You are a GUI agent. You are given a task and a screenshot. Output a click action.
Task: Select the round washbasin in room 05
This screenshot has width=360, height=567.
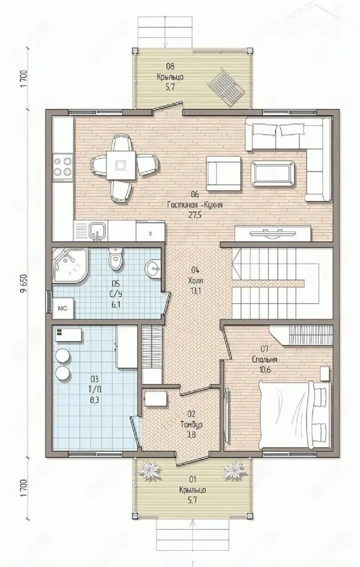[153, 268]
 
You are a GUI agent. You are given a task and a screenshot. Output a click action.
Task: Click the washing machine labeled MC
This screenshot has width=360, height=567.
[63, 308]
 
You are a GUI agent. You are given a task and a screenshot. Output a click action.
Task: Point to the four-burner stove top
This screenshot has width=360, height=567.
[63, 167]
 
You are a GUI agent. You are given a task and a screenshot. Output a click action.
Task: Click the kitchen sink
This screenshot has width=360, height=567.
[97, 231]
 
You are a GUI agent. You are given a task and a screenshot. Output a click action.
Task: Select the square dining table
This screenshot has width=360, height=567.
[121, 166]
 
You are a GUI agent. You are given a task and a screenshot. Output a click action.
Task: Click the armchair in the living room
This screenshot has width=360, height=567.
[223, 173]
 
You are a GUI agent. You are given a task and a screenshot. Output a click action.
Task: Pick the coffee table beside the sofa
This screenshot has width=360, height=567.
[273, 173]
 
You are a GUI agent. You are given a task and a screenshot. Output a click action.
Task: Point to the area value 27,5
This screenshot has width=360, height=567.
[195, 215]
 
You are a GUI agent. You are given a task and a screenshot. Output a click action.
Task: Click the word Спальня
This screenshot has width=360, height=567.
[265, 359]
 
